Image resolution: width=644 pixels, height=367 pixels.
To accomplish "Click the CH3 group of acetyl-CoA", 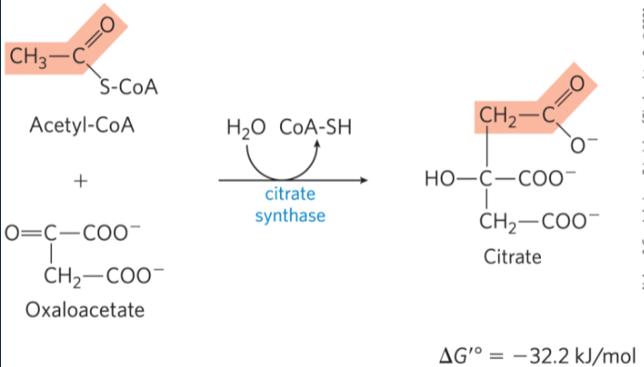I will pos(27,58).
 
